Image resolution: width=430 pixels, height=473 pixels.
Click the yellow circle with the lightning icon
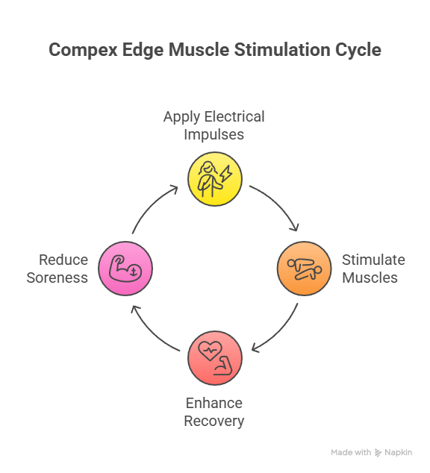215,179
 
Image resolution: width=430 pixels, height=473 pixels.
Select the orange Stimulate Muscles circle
304,268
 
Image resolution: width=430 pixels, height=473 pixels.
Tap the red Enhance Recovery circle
215,358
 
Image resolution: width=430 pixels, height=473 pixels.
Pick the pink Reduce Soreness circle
125,268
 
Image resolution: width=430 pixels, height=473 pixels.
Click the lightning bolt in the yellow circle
225,173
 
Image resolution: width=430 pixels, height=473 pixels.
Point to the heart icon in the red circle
210,351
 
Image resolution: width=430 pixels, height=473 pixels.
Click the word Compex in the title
83,50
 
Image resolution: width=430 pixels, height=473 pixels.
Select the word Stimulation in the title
282,49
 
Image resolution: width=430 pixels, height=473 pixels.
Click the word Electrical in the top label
234,116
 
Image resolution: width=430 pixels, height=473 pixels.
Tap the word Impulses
214,134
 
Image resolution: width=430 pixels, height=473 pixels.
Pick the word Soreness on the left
57,278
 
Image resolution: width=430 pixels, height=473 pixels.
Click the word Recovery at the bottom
214,421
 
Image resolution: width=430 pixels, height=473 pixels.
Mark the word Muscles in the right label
370,278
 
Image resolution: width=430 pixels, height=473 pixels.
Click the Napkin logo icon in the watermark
378,453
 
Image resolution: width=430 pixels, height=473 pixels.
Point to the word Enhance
214,403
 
